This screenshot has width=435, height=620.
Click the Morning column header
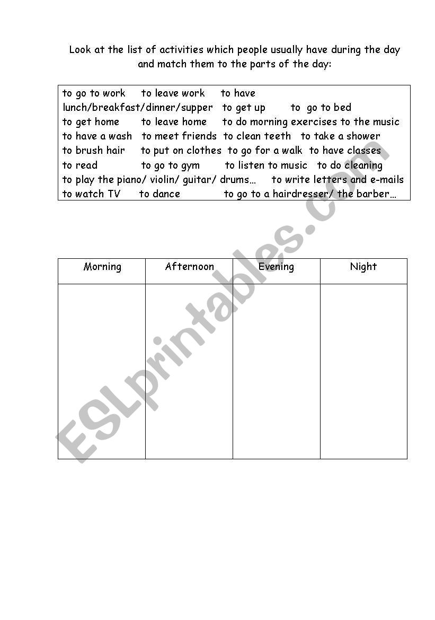(102, 267)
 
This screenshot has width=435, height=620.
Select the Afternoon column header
(189, 267)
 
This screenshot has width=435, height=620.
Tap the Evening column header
(276, 267)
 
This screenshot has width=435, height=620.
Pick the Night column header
(363, 267)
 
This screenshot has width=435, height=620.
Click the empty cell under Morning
(102, 371)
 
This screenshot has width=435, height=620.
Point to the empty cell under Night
(363, 371)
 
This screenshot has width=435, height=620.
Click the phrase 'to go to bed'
(321, 108)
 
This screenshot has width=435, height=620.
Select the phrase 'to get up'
(244, 108)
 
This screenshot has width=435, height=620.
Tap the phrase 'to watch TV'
(92, 194)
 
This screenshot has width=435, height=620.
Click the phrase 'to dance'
(159, 194)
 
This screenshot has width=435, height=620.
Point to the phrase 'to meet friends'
(179, 136)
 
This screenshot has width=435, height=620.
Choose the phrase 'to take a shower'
(340, 136)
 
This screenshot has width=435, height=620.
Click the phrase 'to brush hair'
(94, 151)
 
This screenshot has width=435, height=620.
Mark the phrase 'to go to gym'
(171, 165)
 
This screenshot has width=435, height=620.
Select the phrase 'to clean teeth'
(257, 136)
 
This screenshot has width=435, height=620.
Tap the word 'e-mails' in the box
(386, 180)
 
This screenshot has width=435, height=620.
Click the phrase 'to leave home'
(174, 122)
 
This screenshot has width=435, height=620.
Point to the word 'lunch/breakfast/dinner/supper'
(138, 108)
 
